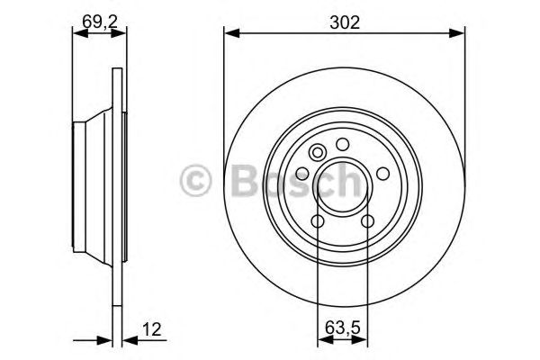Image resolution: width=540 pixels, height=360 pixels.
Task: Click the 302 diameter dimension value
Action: click(x=344, y=22)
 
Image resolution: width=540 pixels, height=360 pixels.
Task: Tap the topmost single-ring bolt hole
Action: click(x=342, y=144)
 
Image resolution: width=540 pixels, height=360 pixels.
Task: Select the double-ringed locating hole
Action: click(x=317, y=153)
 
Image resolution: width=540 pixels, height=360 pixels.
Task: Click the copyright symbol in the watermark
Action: click(x=194, y=179)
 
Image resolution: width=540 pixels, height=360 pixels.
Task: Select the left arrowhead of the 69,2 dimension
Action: click(x=76, y=34)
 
